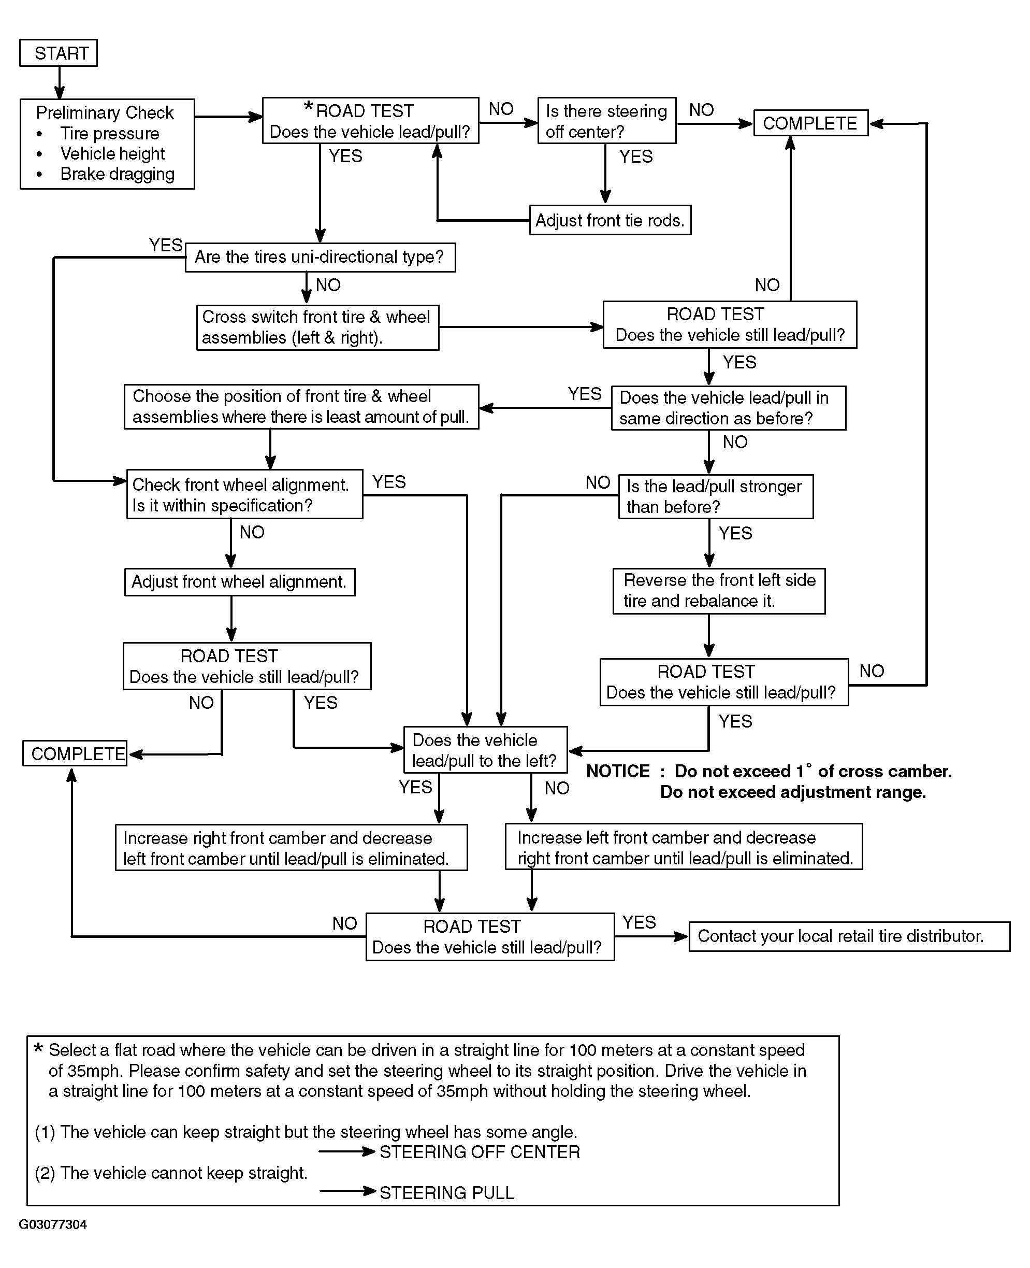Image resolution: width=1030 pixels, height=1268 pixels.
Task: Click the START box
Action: pos(58,53)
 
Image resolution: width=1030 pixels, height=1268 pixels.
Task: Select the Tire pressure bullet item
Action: pos(110,133)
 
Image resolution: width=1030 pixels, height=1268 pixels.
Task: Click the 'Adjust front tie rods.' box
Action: pos(610,220)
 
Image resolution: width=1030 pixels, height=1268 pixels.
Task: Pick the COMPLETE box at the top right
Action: pos(810,123)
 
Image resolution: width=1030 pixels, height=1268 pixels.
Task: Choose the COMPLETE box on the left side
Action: pos(75,753)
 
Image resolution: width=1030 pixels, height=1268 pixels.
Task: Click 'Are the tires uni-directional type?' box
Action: pos(321,257)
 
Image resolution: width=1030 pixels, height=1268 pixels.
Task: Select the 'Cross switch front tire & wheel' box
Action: pos(318,327)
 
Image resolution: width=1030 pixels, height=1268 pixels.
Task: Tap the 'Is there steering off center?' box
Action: pos(607,121)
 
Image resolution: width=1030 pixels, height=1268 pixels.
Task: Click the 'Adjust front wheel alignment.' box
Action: pos(240,582)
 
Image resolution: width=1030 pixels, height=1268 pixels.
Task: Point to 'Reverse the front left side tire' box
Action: pos(719,591)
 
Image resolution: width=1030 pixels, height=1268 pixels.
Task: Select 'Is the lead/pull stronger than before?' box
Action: pos(716,496)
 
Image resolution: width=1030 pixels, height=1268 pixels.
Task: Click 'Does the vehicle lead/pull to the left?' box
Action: pos(485,750)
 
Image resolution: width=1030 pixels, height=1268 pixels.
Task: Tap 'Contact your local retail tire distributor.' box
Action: pos(849,936)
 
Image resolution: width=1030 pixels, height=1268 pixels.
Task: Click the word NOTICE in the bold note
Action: pos(618,771)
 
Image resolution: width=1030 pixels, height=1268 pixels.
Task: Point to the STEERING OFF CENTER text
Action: pos(480,1151)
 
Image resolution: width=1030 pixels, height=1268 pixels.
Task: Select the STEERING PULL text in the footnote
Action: pos(447,1193)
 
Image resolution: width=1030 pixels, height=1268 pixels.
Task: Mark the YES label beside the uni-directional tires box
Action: pos(166,245)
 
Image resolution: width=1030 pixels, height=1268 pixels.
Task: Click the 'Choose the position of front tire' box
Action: pos(301,407)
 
